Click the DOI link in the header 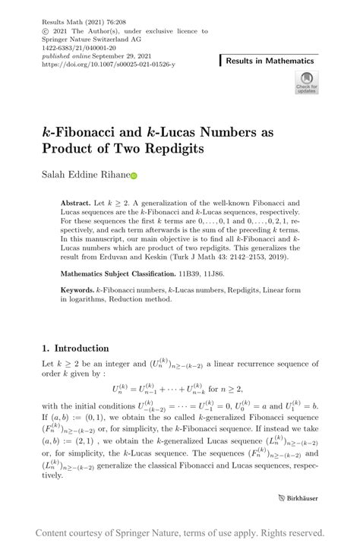click(109, 65)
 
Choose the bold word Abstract click(76, 204)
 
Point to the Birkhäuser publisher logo click(293, 499)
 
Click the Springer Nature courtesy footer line click(180, 532)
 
